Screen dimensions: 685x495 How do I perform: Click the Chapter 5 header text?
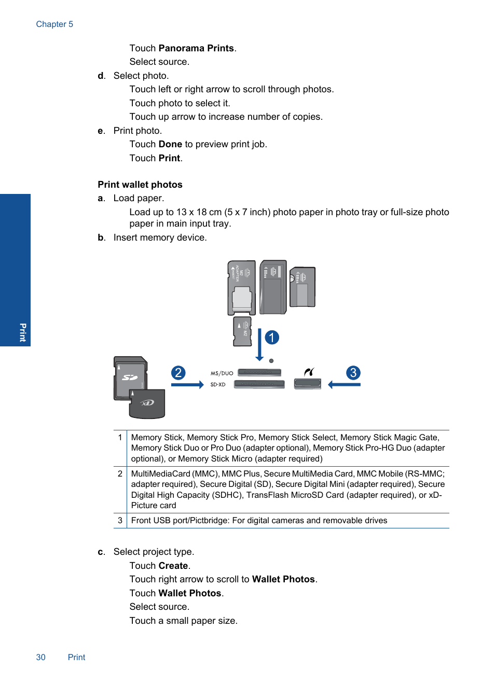[x=54, y=24]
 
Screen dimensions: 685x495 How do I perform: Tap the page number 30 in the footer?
[x=40, y=657]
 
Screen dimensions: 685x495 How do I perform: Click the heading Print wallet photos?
[x=140, y=185]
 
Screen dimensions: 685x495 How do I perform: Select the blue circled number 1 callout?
[x=272, y=338]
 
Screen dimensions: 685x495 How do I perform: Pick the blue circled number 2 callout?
[x=178, y=373]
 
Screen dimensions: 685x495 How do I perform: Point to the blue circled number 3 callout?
[x=353, y=373]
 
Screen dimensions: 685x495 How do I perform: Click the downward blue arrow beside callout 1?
[x=259, y=345]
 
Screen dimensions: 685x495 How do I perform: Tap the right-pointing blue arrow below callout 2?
[x=187, y=385]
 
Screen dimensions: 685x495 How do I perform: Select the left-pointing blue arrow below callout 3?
[x=344, y=385]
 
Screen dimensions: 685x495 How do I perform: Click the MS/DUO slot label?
[x=222, y=373]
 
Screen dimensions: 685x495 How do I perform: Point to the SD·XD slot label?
[x=218, y=385]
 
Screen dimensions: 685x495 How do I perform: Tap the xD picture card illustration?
[x=147, y=403]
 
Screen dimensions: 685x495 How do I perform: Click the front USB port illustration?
[x=307, y=384]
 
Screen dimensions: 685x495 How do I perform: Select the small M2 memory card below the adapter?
[x=242, y=331]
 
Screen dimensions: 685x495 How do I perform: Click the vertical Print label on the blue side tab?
[x=22, y=332]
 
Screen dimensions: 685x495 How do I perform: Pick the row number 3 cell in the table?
[x=120, y=521]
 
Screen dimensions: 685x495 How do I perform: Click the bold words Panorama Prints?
[x=196, y=48]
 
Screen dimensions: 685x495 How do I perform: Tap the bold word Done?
[x=170, y=144]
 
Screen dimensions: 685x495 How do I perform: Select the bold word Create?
[x=173, y=566]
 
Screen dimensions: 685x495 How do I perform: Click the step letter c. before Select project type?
[x=101, y=552]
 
